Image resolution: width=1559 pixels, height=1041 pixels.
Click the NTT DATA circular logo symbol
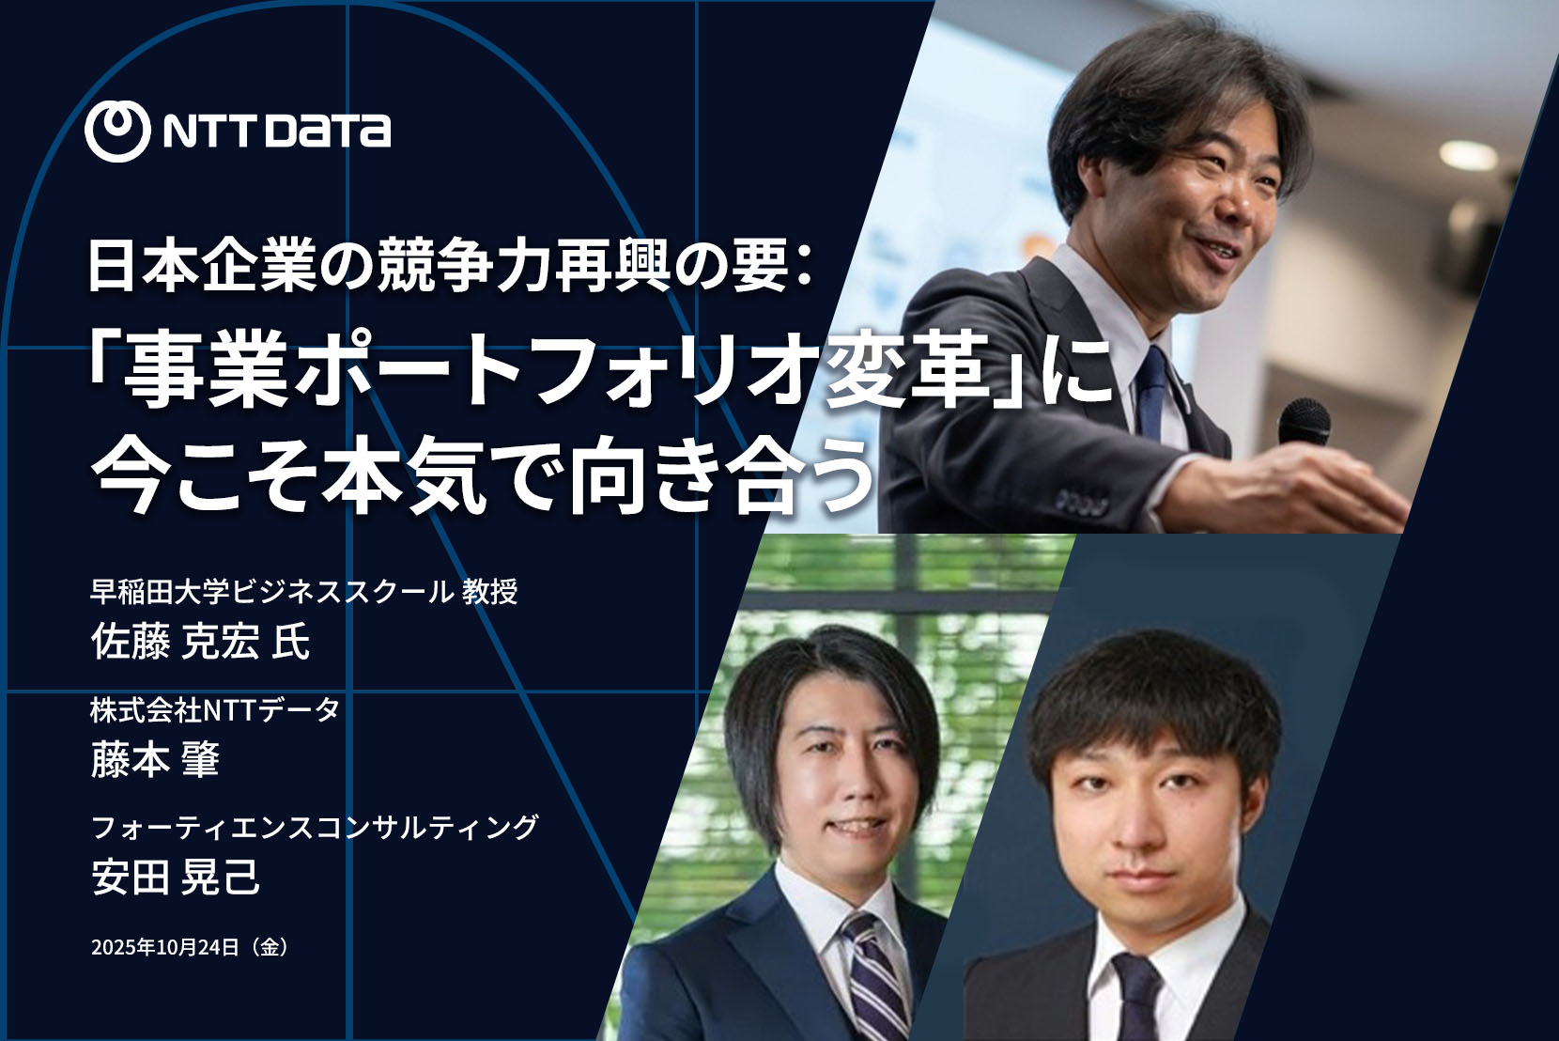(x=117, y=131)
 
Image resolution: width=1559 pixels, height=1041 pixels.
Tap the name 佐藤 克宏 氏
(x=200, y=642)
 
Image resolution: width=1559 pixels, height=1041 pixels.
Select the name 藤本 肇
(x=155, y=759)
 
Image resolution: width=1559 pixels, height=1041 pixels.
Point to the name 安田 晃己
(x=176, y=877)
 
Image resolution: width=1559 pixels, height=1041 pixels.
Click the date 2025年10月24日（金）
(x=190, y=947)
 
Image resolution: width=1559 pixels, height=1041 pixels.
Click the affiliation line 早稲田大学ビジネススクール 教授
(x=304, y=592)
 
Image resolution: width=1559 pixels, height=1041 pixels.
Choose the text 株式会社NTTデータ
(x=215, y=710)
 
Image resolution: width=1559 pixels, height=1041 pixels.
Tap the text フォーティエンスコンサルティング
(x=315, y=827)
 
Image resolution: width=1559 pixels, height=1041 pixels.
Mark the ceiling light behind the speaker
(x=1468, y=155)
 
